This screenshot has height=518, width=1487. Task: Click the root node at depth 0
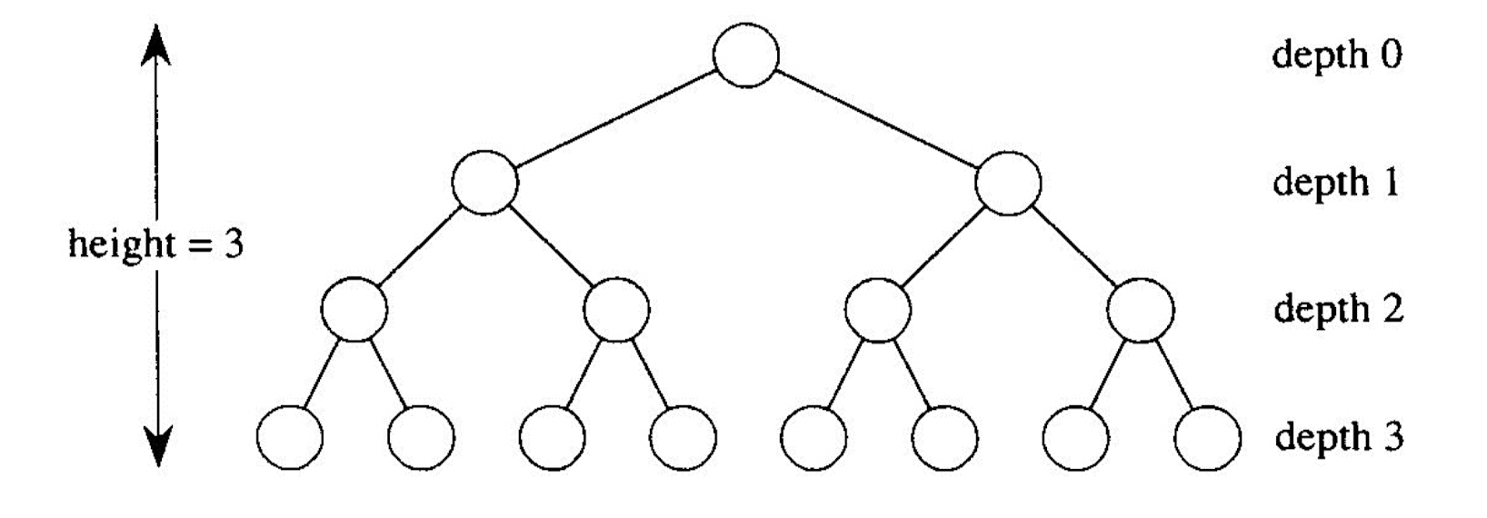(x=745, y=55)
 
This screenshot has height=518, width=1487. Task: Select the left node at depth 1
(x=484, y=183)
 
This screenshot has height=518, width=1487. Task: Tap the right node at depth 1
(x=1007, y=183)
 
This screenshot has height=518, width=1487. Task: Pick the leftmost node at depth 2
(x=354, y=310)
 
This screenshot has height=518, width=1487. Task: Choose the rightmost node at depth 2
(x=1140, y=310)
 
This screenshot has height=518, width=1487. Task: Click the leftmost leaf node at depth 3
(x=289, y=438)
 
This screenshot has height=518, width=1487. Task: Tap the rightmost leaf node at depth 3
(x=1206, y=438)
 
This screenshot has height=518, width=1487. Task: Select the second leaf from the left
(x=420, y=438)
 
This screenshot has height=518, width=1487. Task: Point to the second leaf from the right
(x=1075, y=438)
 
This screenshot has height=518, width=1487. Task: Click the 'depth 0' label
(x=1337, y=55)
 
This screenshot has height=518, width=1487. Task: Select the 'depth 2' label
(x=1338, y=310)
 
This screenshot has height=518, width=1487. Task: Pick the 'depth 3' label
(x=1338, y=438)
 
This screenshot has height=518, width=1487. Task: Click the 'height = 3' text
(x=155, y=245)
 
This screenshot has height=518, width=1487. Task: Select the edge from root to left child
(x=615, y=119)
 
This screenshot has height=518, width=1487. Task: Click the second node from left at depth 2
(x=616, y=310)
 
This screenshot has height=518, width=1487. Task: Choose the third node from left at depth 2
(x=877, y=310)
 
